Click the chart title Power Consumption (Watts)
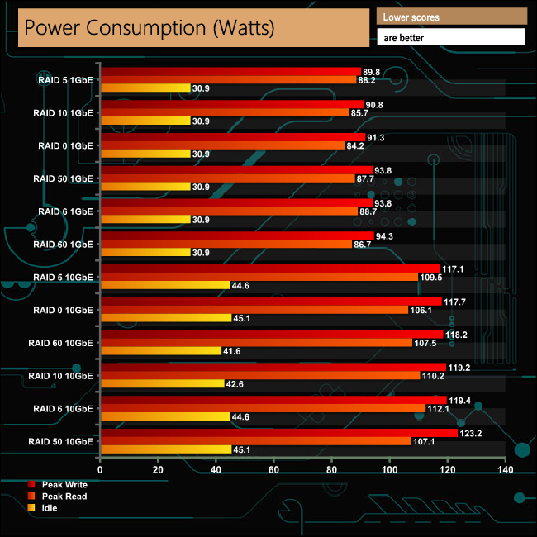149,27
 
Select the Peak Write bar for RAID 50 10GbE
278,433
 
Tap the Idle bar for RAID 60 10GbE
160,350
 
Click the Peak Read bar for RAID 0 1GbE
222,145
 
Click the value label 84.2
357,145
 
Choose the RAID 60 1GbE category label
63,244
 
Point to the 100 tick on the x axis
389,469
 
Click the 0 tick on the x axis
100,469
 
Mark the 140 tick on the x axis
505,469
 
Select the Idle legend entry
50,507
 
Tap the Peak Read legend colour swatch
31,497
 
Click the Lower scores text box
451,17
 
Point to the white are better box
451,37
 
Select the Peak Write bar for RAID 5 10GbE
259,268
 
